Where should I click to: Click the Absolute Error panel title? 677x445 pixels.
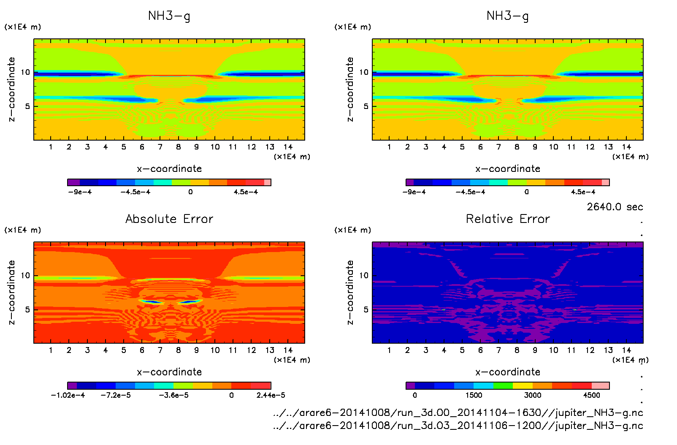point(169,219)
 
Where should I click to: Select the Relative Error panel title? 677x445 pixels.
point(508,219)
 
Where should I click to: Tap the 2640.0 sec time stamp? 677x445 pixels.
point(615,207)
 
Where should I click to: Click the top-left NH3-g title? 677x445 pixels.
point(169,16)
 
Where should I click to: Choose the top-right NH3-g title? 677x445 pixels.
point(507,16)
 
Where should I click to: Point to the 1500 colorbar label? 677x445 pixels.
point(474,395)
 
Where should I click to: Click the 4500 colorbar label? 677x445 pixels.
point(591,395)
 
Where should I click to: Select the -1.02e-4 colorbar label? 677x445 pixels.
point(68,395)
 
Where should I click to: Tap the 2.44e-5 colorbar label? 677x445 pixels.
point(271,395)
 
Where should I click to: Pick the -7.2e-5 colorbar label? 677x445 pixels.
point(116,395)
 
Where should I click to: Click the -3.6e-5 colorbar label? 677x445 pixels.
point(173,395)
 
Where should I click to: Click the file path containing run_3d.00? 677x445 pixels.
point(458,412)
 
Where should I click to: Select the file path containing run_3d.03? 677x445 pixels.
point(458,426)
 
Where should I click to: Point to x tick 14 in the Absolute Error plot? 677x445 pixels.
point(288,350)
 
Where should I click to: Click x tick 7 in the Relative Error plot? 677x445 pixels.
point(498,350)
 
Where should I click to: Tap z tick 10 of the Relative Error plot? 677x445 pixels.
point(364,276)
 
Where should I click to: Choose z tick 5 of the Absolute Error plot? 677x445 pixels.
point(27,309)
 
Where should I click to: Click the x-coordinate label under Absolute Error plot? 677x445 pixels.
point(169,372)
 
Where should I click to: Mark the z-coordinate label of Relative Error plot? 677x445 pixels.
point(350,292)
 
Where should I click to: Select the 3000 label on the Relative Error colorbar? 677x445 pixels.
point(533,395)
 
